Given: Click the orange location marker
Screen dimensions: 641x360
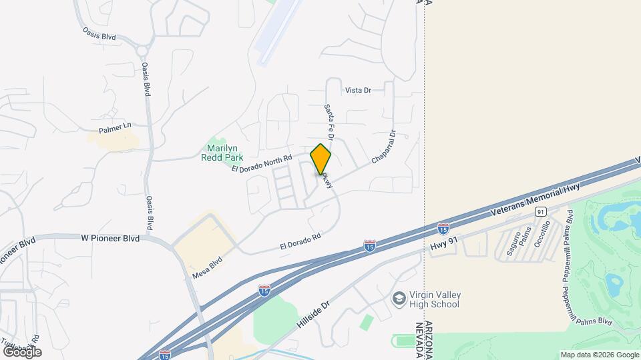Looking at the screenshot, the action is point(321,159).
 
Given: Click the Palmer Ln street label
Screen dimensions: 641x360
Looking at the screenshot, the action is point(116,127).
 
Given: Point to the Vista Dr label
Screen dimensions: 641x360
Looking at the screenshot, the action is point(358,90).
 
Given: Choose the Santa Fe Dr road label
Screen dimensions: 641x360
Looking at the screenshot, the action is point(329,120).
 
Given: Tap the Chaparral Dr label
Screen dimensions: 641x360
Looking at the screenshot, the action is point(384,148).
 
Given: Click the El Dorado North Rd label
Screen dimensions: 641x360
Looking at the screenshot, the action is point(262,163).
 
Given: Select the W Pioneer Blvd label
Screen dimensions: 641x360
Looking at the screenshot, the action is point(110,237).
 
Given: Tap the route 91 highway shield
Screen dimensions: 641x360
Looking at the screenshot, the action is point(540,211).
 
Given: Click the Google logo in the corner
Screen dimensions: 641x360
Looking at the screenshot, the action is point(22,351).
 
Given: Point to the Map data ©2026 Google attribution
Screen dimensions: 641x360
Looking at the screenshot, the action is point(599,355).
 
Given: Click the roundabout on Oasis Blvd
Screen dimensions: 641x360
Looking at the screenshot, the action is point(142,50).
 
